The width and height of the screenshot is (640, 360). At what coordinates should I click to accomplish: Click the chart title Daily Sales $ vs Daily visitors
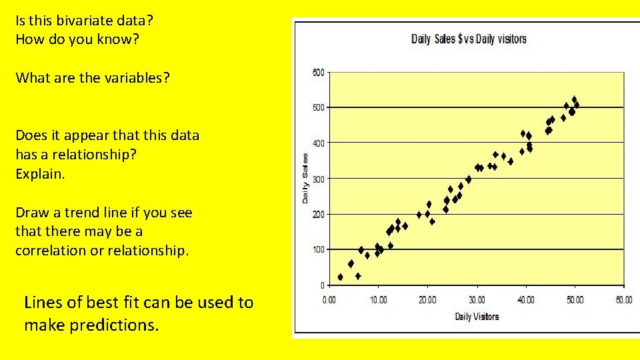pyautogui.click(x=469, y=39)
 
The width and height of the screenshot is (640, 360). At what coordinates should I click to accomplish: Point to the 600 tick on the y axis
pyautogui.click(x=318, y=72)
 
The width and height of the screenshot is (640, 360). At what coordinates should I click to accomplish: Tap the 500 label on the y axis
pyautogui.click(x=318, y=107)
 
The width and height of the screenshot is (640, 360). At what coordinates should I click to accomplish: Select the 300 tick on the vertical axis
pyautogui.click(x=318, y=179)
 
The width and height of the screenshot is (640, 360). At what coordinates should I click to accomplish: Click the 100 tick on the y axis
pyautogui.click(x=318, y=249)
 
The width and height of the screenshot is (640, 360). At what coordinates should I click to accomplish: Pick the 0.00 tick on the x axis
pyautogui.click(x=329, y=300)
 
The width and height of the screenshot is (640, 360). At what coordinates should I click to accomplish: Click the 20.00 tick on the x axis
pyautogui.click(x=428, y=300)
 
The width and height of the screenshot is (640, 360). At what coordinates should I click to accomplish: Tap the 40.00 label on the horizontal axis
pyautogui.click(x=526, y=300)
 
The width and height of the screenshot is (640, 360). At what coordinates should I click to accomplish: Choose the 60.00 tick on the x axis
pyautogui.click(x=623, y=300)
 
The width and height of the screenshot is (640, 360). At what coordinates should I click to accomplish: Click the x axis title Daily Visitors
pyautogui.click(x=477, y=316)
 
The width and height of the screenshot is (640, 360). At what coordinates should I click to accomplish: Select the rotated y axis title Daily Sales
pyautogui.click(x=305, y=179)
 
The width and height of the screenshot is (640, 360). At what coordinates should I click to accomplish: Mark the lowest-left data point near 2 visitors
pyautogui.click(x=340, y=277)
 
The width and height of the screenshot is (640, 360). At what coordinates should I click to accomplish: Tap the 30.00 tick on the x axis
pyautogui.click(x=477, y=300)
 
